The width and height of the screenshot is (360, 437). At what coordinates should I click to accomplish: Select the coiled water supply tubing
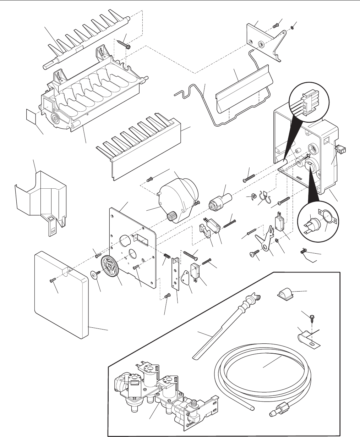(x=263, y=372)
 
